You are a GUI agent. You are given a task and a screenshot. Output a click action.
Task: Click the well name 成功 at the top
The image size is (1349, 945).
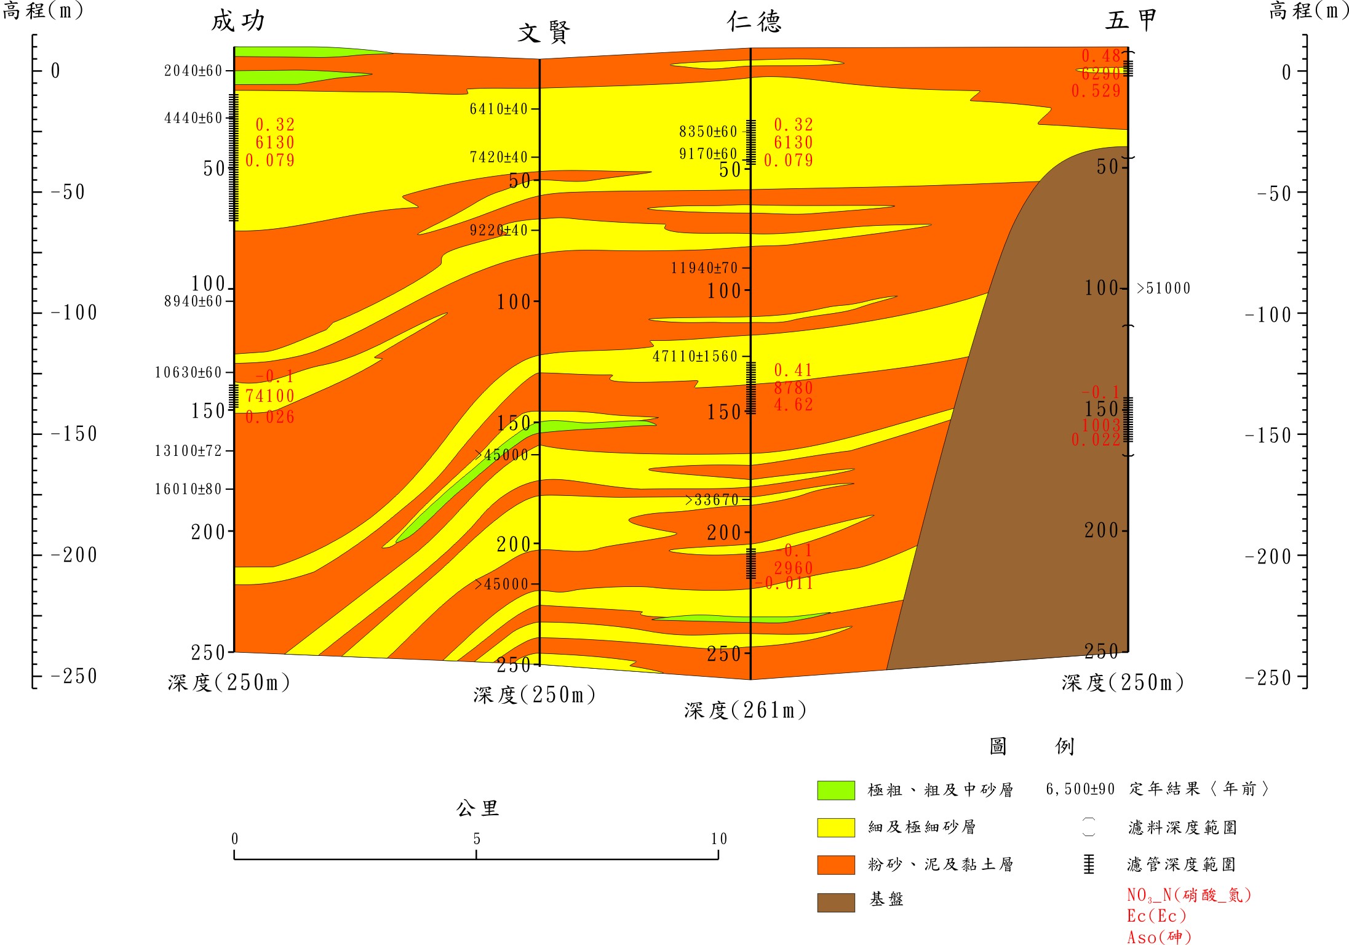tap(239, 21)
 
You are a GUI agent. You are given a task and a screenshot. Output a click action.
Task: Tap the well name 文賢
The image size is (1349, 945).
tap(544, 33)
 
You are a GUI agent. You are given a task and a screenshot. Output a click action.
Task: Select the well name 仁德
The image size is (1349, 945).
tap(754, 22)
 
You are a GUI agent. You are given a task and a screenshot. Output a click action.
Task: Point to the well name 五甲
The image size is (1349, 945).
tap(1131, 20)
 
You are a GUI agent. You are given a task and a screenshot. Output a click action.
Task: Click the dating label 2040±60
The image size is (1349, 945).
tap(193, 71)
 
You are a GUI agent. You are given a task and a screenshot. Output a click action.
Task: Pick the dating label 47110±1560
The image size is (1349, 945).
tap(694, 356)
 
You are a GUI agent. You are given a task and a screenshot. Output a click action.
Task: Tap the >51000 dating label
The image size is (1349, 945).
tap(1163, 289)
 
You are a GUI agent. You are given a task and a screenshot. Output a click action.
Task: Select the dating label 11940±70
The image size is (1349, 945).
tap(704, 268)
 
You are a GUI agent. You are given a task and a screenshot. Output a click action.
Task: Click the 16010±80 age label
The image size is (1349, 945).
tap(188, 489)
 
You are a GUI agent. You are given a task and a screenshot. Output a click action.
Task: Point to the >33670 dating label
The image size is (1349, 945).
tap(712, 500)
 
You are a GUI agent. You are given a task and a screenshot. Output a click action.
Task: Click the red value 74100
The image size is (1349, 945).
tap(269, 396)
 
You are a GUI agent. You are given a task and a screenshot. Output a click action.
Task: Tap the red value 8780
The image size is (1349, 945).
tap(793, 388)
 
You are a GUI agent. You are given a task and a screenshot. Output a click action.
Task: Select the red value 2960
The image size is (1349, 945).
tap(793, 568)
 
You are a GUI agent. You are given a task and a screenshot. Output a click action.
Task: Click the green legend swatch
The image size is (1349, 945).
tap(835, 790)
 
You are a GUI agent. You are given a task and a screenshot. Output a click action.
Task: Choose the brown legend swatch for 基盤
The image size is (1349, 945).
tap(835, 902)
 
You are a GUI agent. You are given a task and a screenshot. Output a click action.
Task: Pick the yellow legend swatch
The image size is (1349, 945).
tap(835, 827)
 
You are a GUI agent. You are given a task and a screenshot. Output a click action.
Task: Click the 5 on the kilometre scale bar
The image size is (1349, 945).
tap(477, 839)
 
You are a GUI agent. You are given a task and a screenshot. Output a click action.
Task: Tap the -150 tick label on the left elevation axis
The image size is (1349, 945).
tap(74, 434)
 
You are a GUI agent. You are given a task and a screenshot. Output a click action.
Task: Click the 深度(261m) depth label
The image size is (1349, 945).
tap(745, 711)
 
